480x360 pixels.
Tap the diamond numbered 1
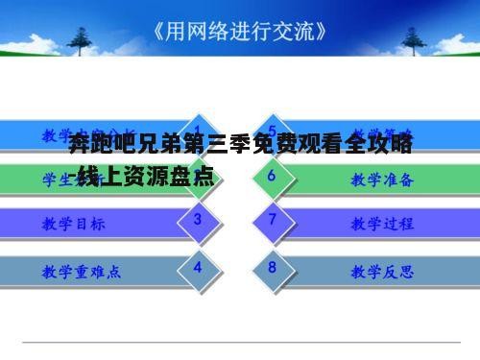pos(197,132)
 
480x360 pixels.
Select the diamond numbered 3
pos(197,220)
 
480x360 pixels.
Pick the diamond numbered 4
pos(197,266)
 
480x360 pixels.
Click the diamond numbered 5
pos(273,132)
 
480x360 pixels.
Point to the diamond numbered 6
pos(273,176)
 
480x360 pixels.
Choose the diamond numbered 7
pos(273,220)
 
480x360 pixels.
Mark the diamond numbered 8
pos(273,266)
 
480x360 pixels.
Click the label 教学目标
pos(74,224)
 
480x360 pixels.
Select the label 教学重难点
pos(82,271)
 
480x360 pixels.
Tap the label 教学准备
pos(382,180)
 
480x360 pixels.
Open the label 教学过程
pos(382,224)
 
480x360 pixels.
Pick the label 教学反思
pos(382,271)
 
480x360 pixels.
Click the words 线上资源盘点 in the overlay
pos(151,177)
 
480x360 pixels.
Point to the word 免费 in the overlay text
pos(271,147)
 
